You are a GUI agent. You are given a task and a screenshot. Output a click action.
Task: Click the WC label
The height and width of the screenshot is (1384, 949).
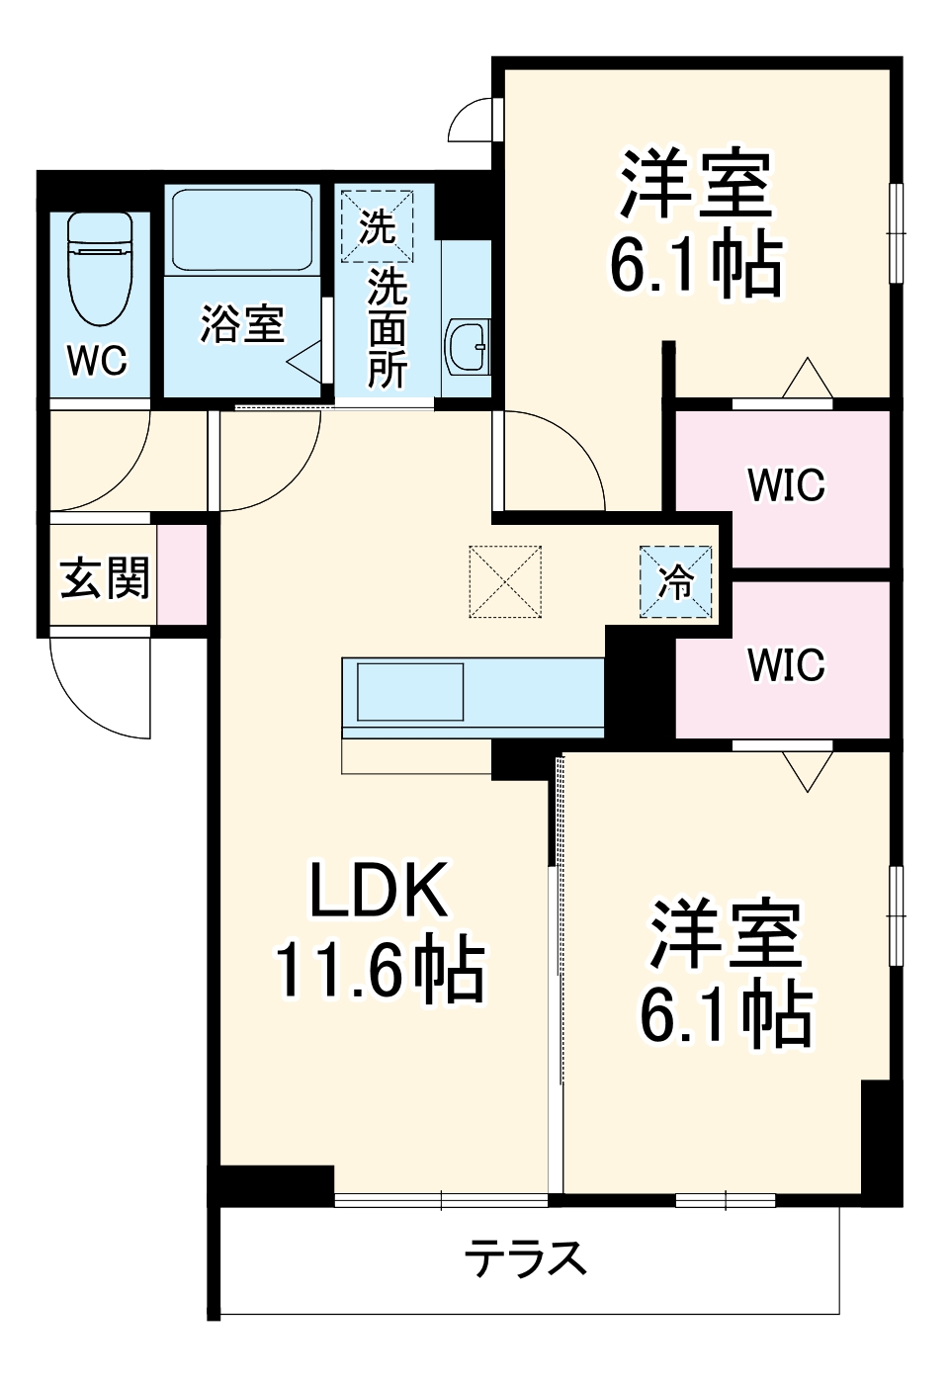[97, 361]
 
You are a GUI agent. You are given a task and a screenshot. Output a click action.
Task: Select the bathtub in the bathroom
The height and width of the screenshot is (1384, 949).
[243, 231]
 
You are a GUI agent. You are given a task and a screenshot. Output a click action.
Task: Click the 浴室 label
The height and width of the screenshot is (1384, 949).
[242, 324]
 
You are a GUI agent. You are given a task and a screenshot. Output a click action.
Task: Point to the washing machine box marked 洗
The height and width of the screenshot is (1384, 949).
[377, 227]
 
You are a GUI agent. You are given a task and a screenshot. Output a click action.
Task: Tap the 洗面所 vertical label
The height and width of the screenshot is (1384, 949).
[387, 328]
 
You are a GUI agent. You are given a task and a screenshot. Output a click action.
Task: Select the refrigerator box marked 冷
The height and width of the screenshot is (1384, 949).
[676, 582]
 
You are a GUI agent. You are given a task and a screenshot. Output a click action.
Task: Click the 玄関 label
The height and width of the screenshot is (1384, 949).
[105, 577]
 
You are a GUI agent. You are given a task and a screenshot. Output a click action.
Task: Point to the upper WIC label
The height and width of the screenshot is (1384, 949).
[786, 485]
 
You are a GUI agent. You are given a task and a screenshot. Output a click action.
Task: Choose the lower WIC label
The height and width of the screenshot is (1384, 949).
[786, 665]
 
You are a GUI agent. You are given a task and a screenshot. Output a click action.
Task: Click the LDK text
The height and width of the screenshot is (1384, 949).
[380, 891]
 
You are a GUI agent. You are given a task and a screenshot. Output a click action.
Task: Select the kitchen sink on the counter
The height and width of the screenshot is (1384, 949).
[409, 691]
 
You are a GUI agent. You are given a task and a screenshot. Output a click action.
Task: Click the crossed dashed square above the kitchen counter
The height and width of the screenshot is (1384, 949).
[505, 581]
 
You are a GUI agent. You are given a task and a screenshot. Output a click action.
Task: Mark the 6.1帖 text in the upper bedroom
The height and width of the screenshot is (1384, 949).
[695, 265]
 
